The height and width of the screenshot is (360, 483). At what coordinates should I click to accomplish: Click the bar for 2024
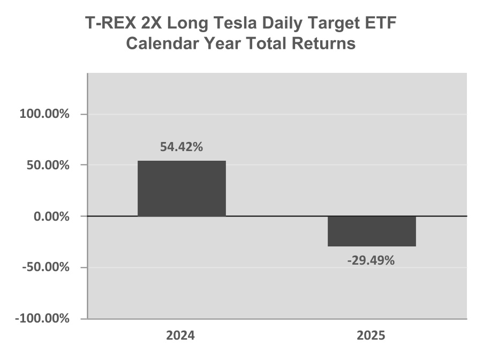tap(182, 189)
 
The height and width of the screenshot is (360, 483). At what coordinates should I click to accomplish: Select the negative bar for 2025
tap(372, 231)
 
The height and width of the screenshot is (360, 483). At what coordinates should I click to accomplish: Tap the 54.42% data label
tap(182, 147)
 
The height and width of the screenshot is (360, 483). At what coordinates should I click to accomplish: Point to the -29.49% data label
tap(371, 261)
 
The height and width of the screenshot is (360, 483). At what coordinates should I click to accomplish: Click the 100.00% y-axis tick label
tap(44, 114)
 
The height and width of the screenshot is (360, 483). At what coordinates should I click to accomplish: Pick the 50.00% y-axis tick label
tap(48, 165)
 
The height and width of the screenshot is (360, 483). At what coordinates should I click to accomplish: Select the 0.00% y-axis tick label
tap(51, 216)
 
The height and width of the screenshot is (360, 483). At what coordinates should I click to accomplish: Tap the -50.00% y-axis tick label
tap(46, 267)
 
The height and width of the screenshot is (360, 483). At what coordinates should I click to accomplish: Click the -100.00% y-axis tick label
tap(42, 318)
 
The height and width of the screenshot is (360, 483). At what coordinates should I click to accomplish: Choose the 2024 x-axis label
tap(180, 335)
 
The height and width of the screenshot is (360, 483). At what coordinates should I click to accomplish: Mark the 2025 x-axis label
tap(371, 335)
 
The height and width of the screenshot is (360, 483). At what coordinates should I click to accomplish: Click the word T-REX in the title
tap(110, 23)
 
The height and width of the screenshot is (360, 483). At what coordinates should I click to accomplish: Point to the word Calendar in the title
tap(163, 43)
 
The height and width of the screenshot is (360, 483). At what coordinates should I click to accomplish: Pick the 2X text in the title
tap(151, 23)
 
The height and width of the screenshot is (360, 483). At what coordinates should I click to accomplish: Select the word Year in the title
tap(222, 43)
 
